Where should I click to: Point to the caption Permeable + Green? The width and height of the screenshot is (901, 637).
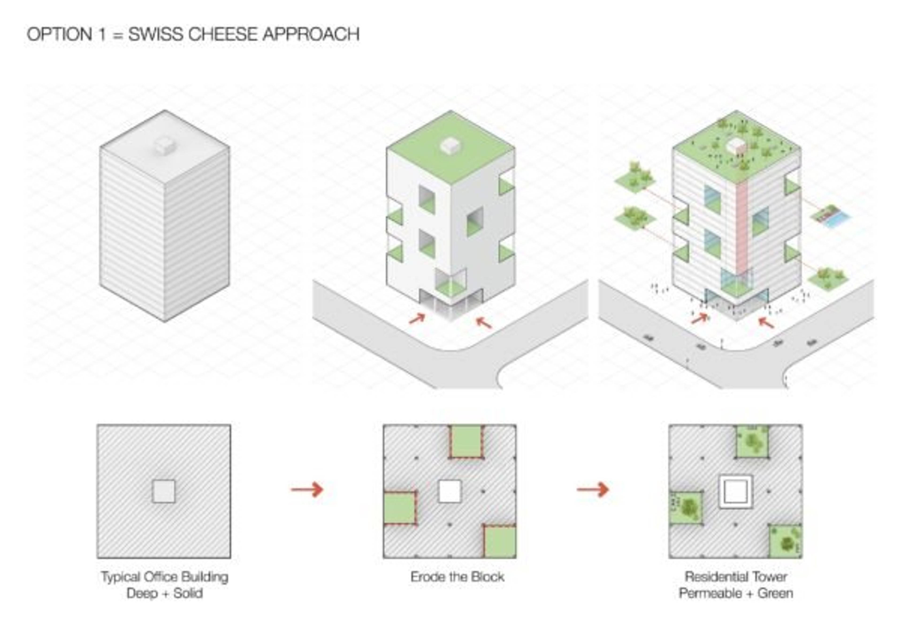pyautogui.click(x=736, y=593)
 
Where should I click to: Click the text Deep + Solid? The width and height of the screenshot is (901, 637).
pyautogui.click(x=164, y=593)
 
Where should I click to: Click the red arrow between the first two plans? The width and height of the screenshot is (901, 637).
pyautogui.click(x=307, y=489)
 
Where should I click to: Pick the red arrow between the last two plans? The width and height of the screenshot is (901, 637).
pyautogui.click(x=592, y=489)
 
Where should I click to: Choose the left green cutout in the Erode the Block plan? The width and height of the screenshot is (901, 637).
pyautogui.click(x=399, y=508)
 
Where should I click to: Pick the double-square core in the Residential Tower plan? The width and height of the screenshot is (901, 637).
pyautogui.click(x=735, y=492)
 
